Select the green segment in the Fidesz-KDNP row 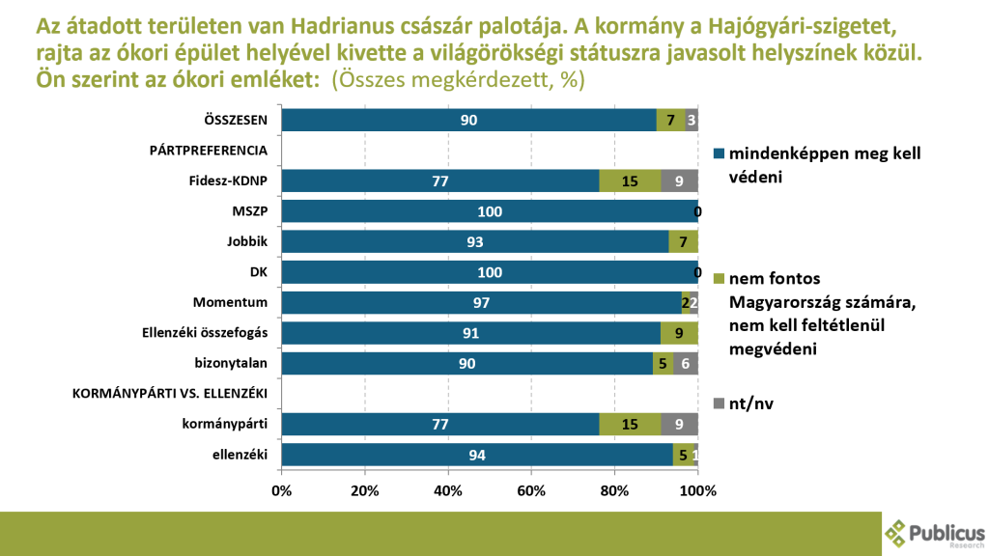[630, 181]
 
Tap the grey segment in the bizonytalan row [686, 364]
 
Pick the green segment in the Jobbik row [683, 242]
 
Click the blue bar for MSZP [489, 211]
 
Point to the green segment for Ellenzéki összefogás [679, 334]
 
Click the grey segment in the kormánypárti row [680, 425]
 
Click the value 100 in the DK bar [490, 273]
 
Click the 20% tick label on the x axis [365, 490]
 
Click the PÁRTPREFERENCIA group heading [208, 151]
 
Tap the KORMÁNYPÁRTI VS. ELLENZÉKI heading [170, 394]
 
